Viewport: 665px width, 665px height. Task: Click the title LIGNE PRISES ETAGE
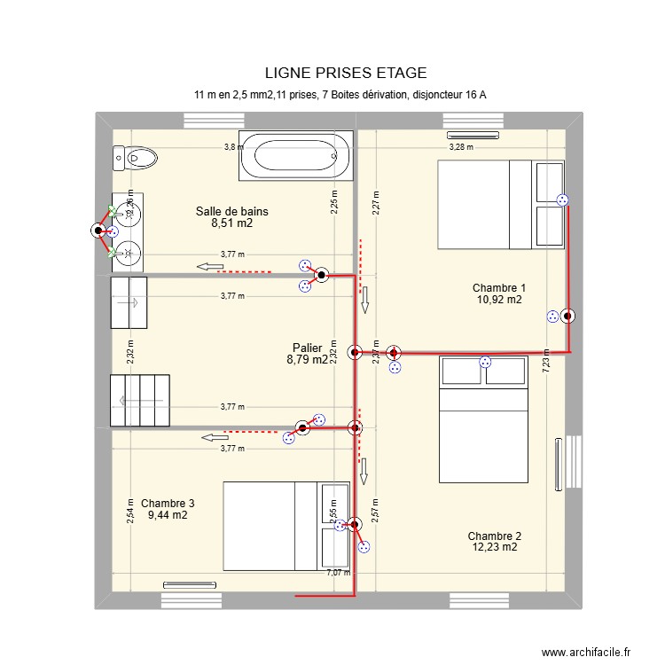tap(345, 73)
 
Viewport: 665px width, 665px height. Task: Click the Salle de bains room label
tap(231, 211)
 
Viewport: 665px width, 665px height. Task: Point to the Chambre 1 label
tap(498, 287)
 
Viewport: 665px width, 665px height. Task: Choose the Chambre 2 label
tap(494, 536)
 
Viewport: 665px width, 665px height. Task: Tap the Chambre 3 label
tap(168, 503)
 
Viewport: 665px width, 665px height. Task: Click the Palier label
tap(307, 348)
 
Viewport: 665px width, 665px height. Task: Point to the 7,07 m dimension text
tap(337, 572)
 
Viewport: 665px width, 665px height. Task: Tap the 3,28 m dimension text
tap(461, 147)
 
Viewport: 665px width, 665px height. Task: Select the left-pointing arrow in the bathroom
tap(209, 267)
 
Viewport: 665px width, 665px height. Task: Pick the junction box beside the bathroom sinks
tap(98, 231)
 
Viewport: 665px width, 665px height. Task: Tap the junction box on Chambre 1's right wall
tap(567, 315)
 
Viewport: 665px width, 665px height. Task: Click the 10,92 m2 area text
tap(497, 300)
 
